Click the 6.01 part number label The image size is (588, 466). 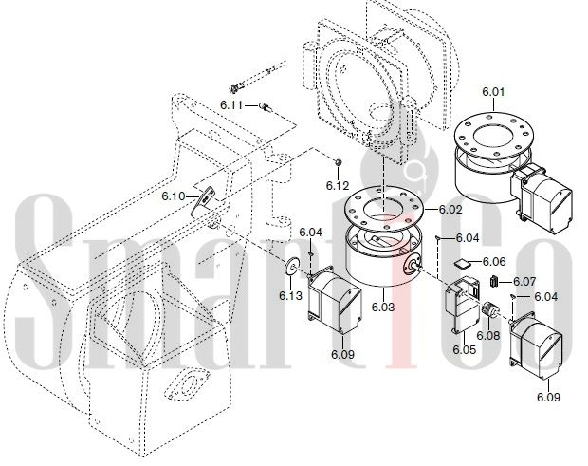click(x=494, y=93)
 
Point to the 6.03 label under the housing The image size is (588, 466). click(x=383, y=307)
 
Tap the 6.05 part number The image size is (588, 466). click(x=464, y=350)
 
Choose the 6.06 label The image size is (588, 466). click(x=494, y=261)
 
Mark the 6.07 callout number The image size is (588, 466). click(x=524, y=282)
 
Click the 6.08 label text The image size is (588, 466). click(x=488, y=334)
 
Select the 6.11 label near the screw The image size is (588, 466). click(x=231, y=103)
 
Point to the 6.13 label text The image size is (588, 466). click(x=290, y=295)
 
